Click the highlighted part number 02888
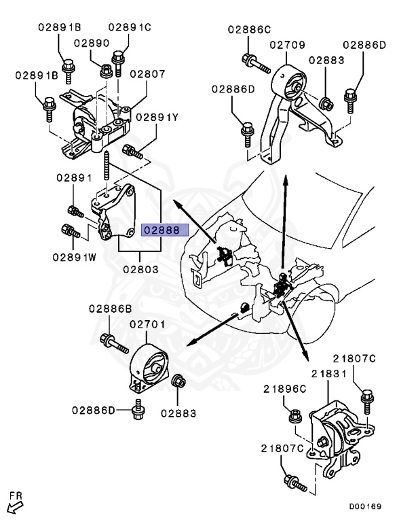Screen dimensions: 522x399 (161, 230)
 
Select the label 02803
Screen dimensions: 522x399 (141, 269)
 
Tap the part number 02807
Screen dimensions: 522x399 (147, 74)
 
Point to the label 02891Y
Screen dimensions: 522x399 (157, 117)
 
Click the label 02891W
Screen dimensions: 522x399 (75, 258)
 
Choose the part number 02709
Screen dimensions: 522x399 (290, 46)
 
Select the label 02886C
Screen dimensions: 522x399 (249, 29)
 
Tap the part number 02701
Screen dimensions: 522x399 (148, 326)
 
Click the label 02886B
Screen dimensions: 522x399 (109, 309)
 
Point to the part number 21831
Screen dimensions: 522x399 (329, 375)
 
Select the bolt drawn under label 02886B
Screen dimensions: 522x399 (114, 343)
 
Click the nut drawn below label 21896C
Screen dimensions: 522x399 (294, 414)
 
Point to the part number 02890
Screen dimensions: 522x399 (92, 43)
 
